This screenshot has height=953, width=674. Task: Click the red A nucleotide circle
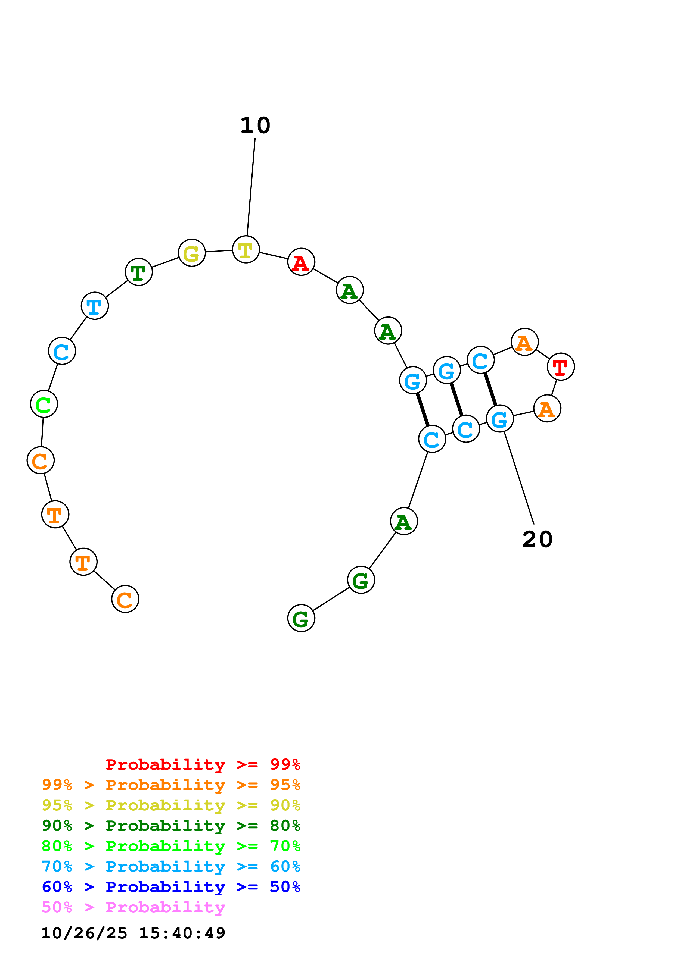[301, 262]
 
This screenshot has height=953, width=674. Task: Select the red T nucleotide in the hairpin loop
[561, 367]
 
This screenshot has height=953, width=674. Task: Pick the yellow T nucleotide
[246, 249]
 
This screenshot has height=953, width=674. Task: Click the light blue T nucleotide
[95, 306]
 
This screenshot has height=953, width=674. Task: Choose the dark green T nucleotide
[139, 272]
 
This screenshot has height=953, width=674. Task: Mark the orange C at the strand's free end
[125, 599]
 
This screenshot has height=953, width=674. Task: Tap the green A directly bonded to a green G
[404, 521]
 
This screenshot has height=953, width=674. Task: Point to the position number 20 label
[537, 540]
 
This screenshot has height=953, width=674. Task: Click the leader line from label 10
[251, 187]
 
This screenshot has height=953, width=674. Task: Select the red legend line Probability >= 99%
[203, 764]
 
